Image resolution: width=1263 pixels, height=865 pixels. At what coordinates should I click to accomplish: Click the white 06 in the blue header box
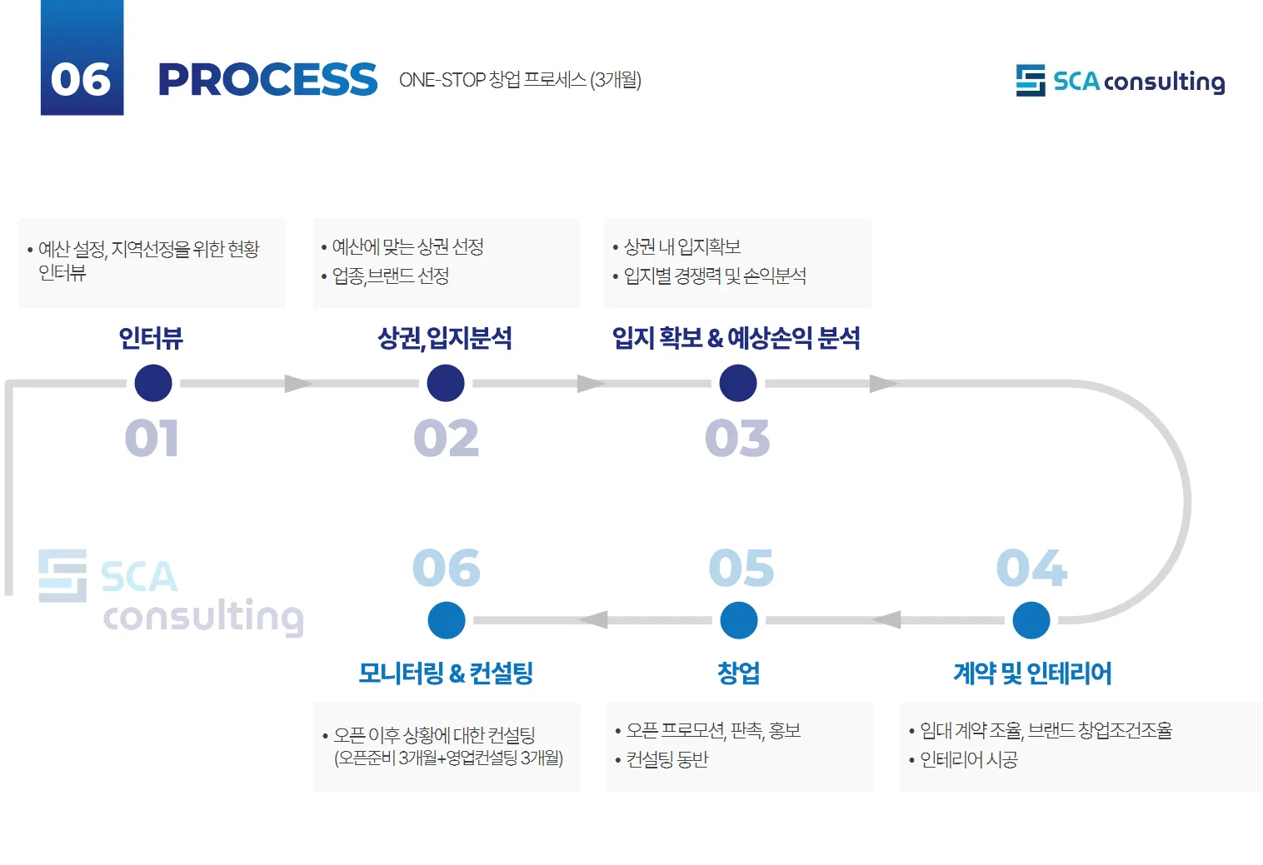click(81, 80)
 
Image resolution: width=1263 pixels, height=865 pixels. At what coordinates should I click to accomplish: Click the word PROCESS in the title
click(267, 80)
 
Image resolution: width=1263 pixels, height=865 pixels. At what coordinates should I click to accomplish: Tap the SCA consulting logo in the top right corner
click(1120, 81)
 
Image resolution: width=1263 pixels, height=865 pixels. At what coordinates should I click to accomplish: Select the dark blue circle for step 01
click(153, 383)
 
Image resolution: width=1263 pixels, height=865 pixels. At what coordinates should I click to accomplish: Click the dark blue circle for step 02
click(446, 383)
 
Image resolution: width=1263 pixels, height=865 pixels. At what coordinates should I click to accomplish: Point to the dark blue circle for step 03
click(737, 383)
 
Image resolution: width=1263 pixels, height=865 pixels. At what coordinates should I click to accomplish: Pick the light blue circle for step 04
click(1031, 620)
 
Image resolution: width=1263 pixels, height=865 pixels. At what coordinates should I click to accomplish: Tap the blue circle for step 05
click(738, 620)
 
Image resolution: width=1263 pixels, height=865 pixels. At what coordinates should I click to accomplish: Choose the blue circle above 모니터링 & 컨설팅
click(447, 620)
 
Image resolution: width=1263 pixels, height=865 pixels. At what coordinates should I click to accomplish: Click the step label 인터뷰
click(151, 338)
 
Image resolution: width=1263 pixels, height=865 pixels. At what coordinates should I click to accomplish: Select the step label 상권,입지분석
click(445, 338)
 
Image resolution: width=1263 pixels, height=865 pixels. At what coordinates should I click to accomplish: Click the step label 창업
click(738, 673)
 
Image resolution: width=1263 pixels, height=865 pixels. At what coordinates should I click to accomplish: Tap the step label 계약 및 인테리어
click(1032, 673)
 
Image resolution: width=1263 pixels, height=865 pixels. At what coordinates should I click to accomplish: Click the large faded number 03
click(737, 438)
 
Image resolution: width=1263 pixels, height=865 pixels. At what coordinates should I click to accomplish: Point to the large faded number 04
click(1031, 569)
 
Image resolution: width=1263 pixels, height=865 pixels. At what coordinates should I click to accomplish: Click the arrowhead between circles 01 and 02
click(297, 383)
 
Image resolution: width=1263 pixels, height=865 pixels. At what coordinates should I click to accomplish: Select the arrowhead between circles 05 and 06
click(593, 620)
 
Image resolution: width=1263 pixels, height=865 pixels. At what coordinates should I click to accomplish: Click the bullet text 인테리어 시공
click(968, 759)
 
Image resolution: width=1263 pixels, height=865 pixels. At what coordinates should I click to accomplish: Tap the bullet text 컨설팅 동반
click(666, 759)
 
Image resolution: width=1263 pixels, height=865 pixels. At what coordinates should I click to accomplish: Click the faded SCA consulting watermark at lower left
click(171, 593)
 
